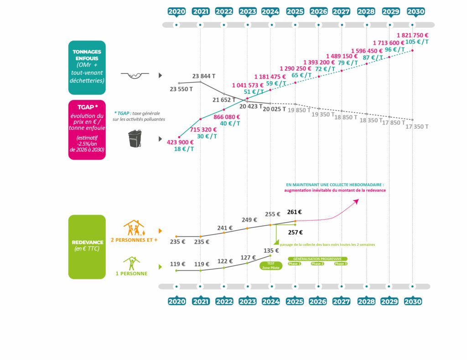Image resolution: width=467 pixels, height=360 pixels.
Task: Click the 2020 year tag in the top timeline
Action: point(176,11)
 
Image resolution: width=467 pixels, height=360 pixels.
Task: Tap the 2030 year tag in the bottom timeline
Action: point(413,301)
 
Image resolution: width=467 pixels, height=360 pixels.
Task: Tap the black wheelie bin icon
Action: point(135,139)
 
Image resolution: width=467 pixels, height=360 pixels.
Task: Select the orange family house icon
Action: point(134,228)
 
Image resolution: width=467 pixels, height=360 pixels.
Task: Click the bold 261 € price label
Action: point(295,212)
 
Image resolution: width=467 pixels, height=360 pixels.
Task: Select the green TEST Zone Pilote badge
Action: point(270,266)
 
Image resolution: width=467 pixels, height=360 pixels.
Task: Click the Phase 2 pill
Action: point(317,264)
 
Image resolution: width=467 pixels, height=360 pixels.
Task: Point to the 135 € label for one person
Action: point(271,250)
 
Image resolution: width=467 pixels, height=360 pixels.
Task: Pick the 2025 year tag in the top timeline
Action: point(295,11)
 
